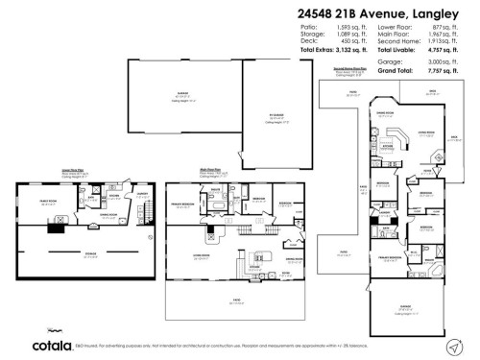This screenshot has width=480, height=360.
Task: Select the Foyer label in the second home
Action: [x=365, y=184]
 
